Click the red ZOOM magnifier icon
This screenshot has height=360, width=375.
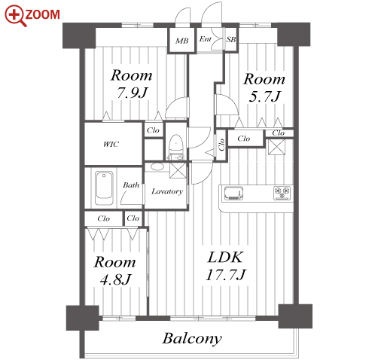(16, 16)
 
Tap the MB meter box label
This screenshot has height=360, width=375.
(181, 41)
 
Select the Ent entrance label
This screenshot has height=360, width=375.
(206, 39)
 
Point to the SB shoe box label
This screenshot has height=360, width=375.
(231, 39)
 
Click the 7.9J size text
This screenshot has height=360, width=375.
(133, 93)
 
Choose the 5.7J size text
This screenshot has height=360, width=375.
(264, 96)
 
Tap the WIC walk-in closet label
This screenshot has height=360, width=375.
(111, 145)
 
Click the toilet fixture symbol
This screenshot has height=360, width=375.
(175, 147)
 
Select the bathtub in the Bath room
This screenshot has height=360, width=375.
(104, 188)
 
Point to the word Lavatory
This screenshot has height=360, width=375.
(167, 191)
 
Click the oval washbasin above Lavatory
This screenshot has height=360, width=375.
(157, 166)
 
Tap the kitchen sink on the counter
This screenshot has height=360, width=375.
(233, 194)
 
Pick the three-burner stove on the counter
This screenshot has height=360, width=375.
(282, 193)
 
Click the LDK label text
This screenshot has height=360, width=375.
(225, 258)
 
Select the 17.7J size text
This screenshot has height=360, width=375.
(226, 275)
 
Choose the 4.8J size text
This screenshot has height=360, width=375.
(115, 279)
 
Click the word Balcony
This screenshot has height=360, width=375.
(192, 339)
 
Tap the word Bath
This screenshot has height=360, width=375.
(131, 185)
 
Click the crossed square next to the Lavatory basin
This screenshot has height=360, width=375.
(178, 170)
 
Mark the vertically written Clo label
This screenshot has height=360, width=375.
(221, 145)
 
